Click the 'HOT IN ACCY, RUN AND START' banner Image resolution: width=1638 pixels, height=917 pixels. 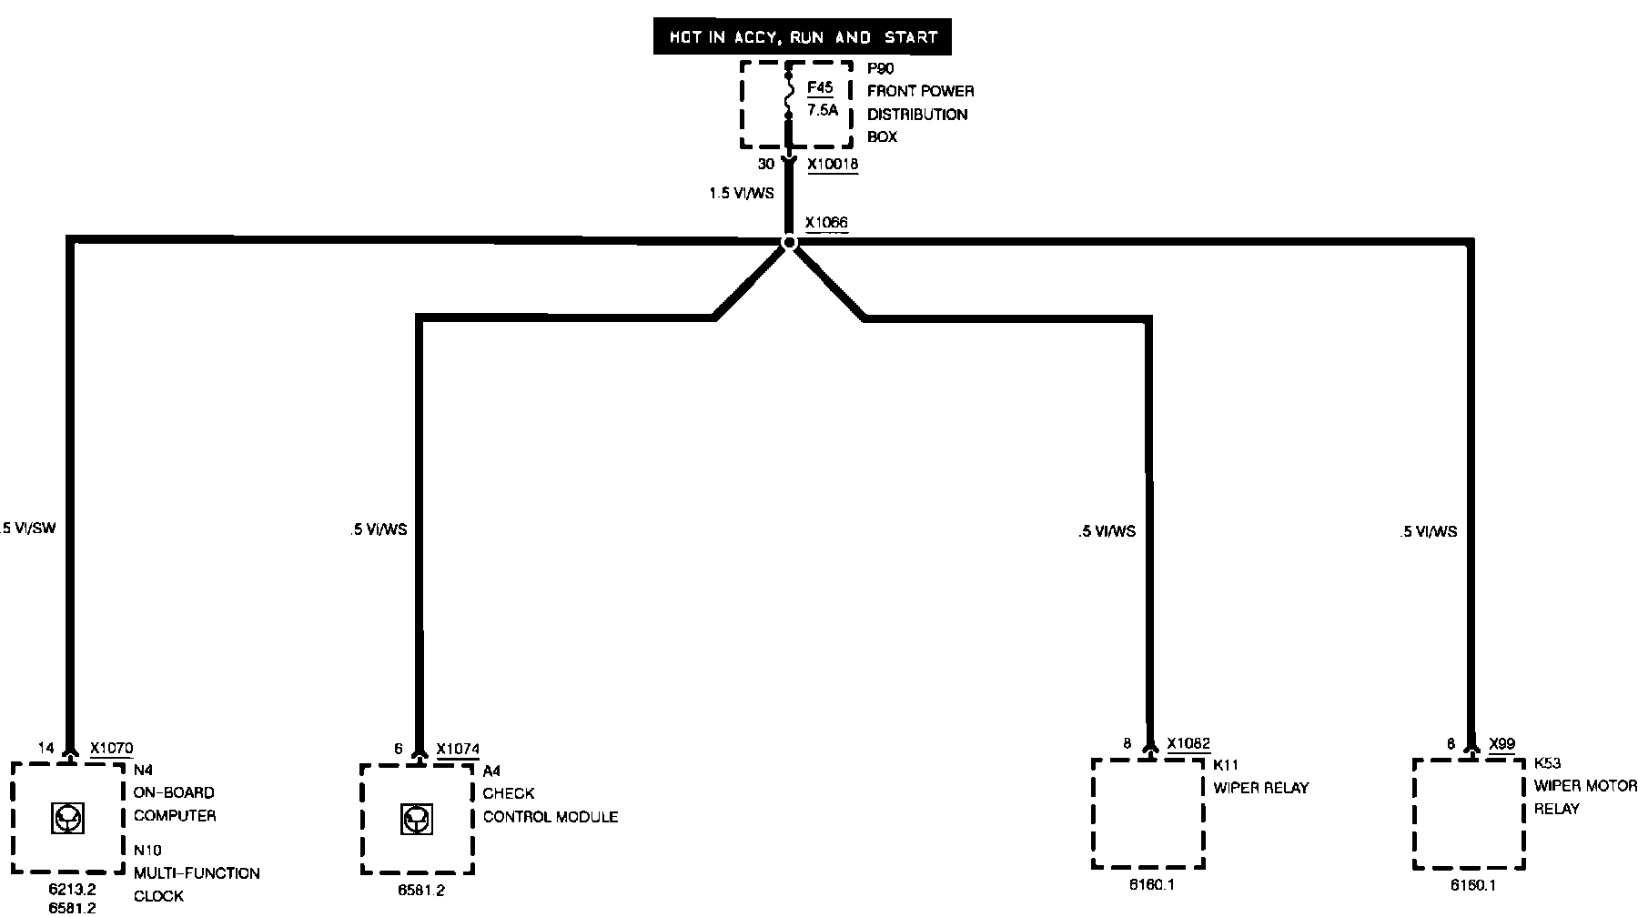point(803,38)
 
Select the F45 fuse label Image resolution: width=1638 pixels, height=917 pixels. point(820,88)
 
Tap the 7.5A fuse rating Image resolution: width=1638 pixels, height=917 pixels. point(822,111)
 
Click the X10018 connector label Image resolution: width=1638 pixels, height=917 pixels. point(832,165)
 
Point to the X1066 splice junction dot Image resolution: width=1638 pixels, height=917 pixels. point(789,242)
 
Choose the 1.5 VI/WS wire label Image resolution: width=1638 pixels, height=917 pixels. point(741,194)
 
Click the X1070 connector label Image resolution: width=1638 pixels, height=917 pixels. point(111,748)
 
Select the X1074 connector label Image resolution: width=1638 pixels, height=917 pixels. point(457,749)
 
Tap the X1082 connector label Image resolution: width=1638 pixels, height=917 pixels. point(1188,743)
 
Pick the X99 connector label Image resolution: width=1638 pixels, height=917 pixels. point(1501,743)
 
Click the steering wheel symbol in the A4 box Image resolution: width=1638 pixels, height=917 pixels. point(415,821)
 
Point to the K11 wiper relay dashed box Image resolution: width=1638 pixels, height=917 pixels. point(1148,813)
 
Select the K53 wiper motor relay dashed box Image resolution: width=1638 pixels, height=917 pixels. point(1469,813)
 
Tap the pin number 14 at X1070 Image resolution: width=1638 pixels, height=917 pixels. point(45,748)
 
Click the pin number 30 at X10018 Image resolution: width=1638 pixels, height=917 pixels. point(765,165)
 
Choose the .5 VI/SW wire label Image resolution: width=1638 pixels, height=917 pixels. point(28,528)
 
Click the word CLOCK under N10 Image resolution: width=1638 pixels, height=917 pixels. point(158,896)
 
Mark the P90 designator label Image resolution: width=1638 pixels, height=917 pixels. point(880,68)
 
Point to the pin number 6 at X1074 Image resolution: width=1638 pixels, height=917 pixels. point(399,749)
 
